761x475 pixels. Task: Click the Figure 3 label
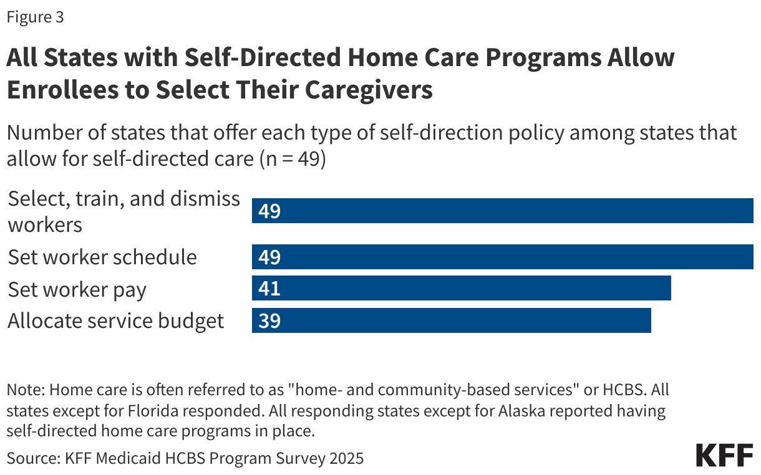tap(35, 17)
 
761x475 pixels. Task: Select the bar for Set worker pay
tap(461, 289)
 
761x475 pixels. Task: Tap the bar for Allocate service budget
tap(451, 320)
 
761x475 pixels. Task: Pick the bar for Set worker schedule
tap(502, 257)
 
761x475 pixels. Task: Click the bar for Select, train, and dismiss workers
tap(502, 211)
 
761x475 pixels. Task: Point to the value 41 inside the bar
tap(269, 289)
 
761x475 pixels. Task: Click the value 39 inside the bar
tap(269, 320)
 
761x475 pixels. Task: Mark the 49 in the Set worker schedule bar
tap(269, 257)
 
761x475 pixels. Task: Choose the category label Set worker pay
tap(77, 289)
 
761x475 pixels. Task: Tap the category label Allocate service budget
tap(115, 320)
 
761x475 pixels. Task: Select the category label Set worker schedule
tap(102, 257)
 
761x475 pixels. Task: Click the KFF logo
tap(724, 456)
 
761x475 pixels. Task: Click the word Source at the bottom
tap(32, 459)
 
